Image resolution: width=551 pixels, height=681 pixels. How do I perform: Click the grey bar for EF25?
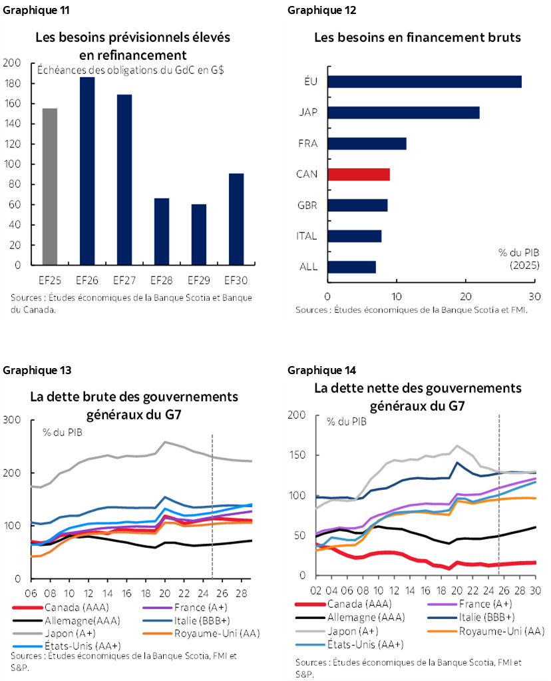coord(50,186)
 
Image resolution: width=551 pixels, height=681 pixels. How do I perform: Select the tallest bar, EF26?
coord(87,171)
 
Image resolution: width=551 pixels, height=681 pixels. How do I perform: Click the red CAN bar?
coord(359,174)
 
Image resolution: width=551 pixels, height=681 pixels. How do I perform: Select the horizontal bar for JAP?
coord(403,113)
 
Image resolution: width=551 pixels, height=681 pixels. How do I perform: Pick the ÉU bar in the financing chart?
coord(424,82)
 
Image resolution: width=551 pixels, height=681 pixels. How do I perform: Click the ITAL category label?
coord(307,236)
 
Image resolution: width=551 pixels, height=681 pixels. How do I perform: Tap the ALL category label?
coord(309,267)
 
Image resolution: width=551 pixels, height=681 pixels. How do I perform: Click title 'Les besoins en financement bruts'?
coord(417,37)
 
